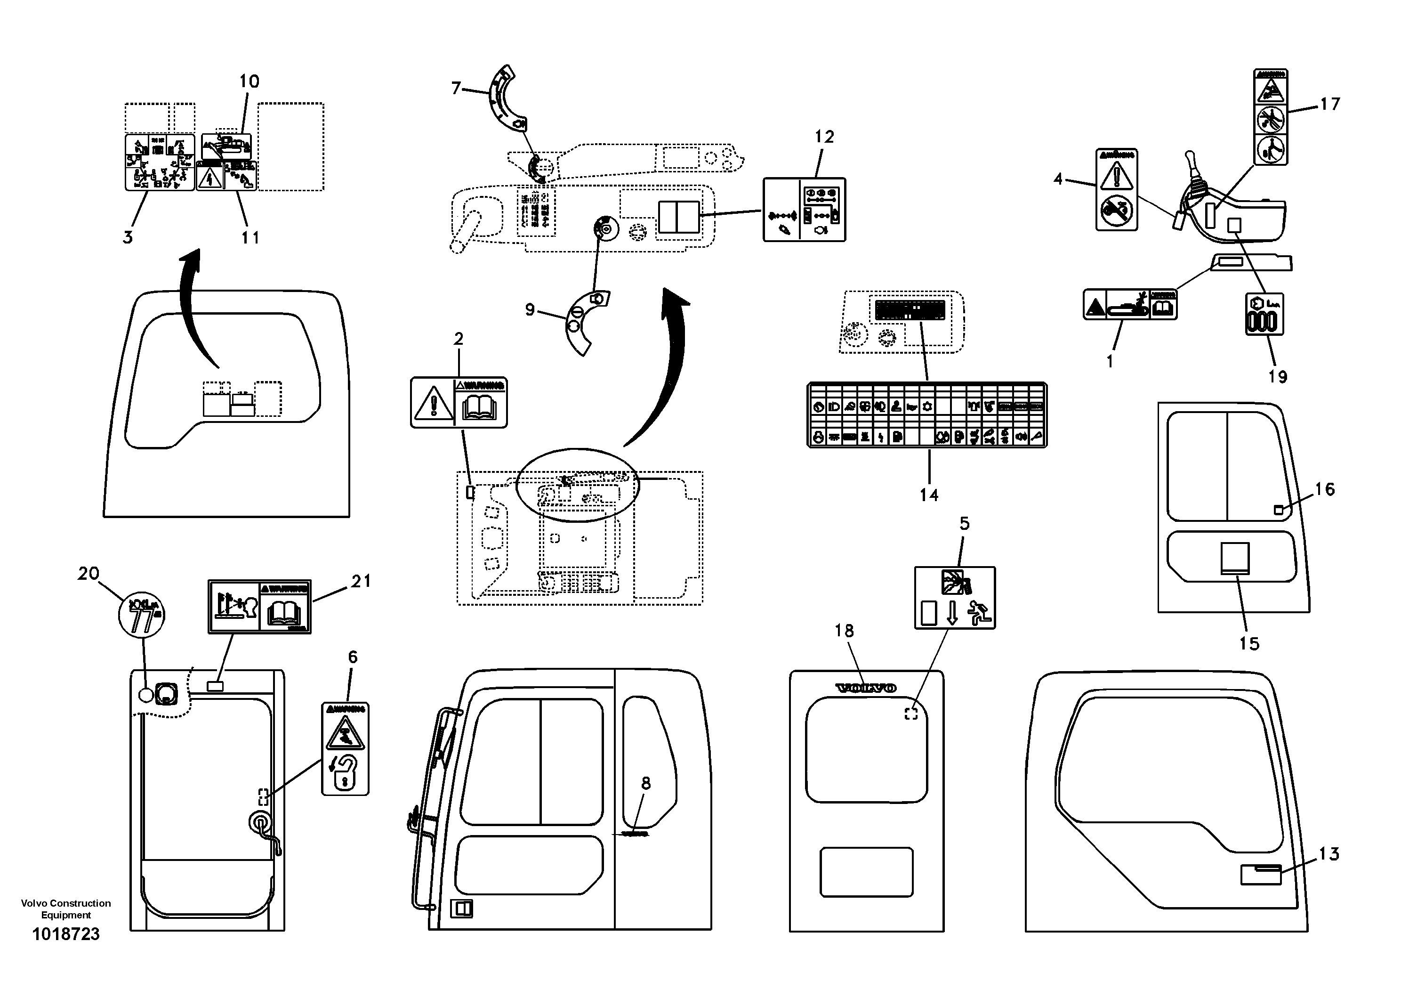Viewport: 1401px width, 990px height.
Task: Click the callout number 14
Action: [x=929, y=495]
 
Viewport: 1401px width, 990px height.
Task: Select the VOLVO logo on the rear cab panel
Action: [x=865, y=689]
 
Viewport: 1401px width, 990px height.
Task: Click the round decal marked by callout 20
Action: [x=141, y=613]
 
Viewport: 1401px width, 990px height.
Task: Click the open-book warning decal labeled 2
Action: [x=459, y=402]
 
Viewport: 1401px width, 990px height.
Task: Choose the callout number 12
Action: [x=824, y=137]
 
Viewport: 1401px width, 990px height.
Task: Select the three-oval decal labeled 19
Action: [x=1264, y=314]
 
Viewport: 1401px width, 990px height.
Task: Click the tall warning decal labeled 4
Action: [x=1117, y=189]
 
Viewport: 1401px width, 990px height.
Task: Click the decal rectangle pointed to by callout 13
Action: [x=1261, y=875]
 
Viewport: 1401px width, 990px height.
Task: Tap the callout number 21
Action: [x=361, y=581]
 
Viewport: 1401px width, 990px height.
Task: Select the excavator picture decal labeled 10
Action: [x=226, y=146]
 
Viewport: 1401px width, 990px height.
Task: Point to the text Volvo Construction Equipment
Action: [x=65, y=909]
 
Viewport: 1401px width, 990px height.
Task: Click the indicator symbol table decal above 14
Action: [x=927, y=415]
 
